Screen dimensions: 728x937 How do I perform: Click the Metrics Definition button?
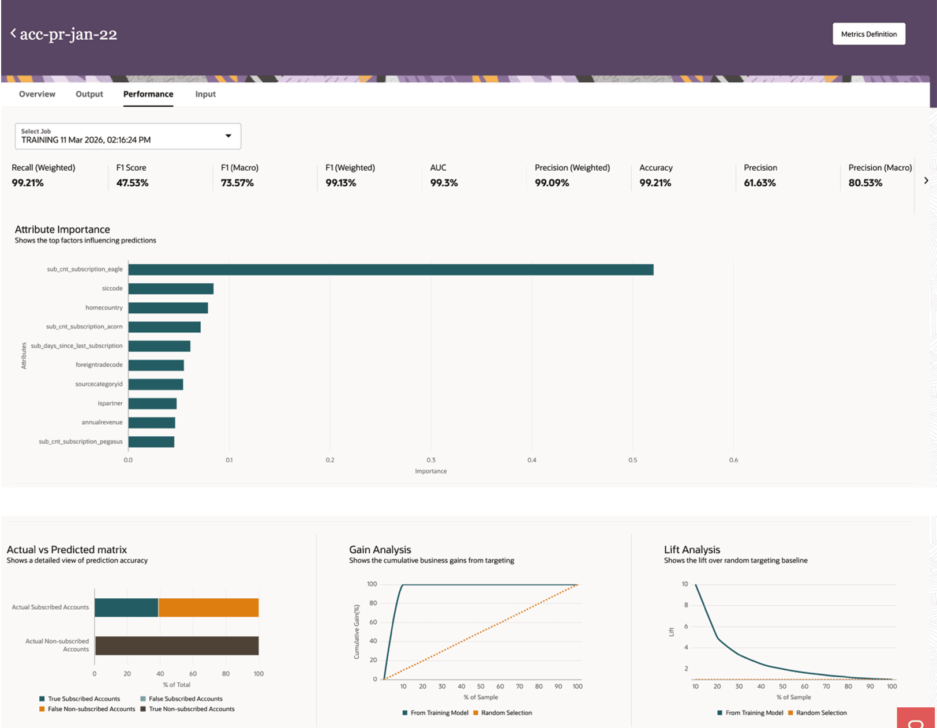[868, 34]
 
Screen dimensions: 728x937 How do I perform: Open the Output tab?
[89, 94]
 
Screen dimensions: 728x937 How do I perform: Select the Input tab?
[205, 94]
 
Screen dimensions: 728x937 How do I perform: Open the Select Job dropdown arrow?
[228, 136]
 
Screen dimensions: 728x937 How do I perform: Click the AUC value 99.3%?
[444, 183]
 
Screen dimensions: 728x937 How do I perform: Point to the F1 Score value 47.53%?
[132, 183]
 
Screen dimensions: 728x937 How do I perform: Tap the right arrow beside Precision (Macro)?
[926, 181]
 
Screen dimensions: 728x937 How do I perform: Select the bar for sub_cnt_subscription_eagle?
[391, 269]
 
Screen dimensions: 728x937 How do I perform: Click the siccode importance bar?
[171, 288]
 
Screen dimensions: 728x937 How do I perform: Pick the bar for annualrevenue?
[152, 423]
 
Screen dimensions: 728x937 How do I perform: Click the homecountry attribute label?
[104, 307]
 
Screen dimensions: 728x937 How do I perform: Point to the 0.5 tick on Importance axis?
[633, 460]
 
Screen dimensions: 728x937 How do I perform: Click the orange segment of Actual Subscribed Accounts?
[208, 607]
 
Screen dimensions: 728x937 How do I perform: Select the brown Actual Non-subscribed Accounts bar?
[177, 646]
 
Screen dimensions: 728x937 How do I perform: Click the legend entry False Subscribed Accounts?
[185, 699]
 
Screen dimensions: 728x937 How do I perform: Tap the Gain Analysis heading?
[380, 550]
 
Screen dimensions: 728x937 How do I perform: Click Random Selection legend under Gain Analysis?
[506, 713]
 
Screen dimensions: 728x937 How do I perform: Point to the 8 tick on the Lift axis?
[686, 605]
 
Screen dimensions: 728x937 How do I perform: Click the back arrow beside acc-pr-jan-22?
[13, 33]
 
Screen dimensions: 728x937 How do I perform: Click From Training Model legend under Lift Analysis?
[754, 713]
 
